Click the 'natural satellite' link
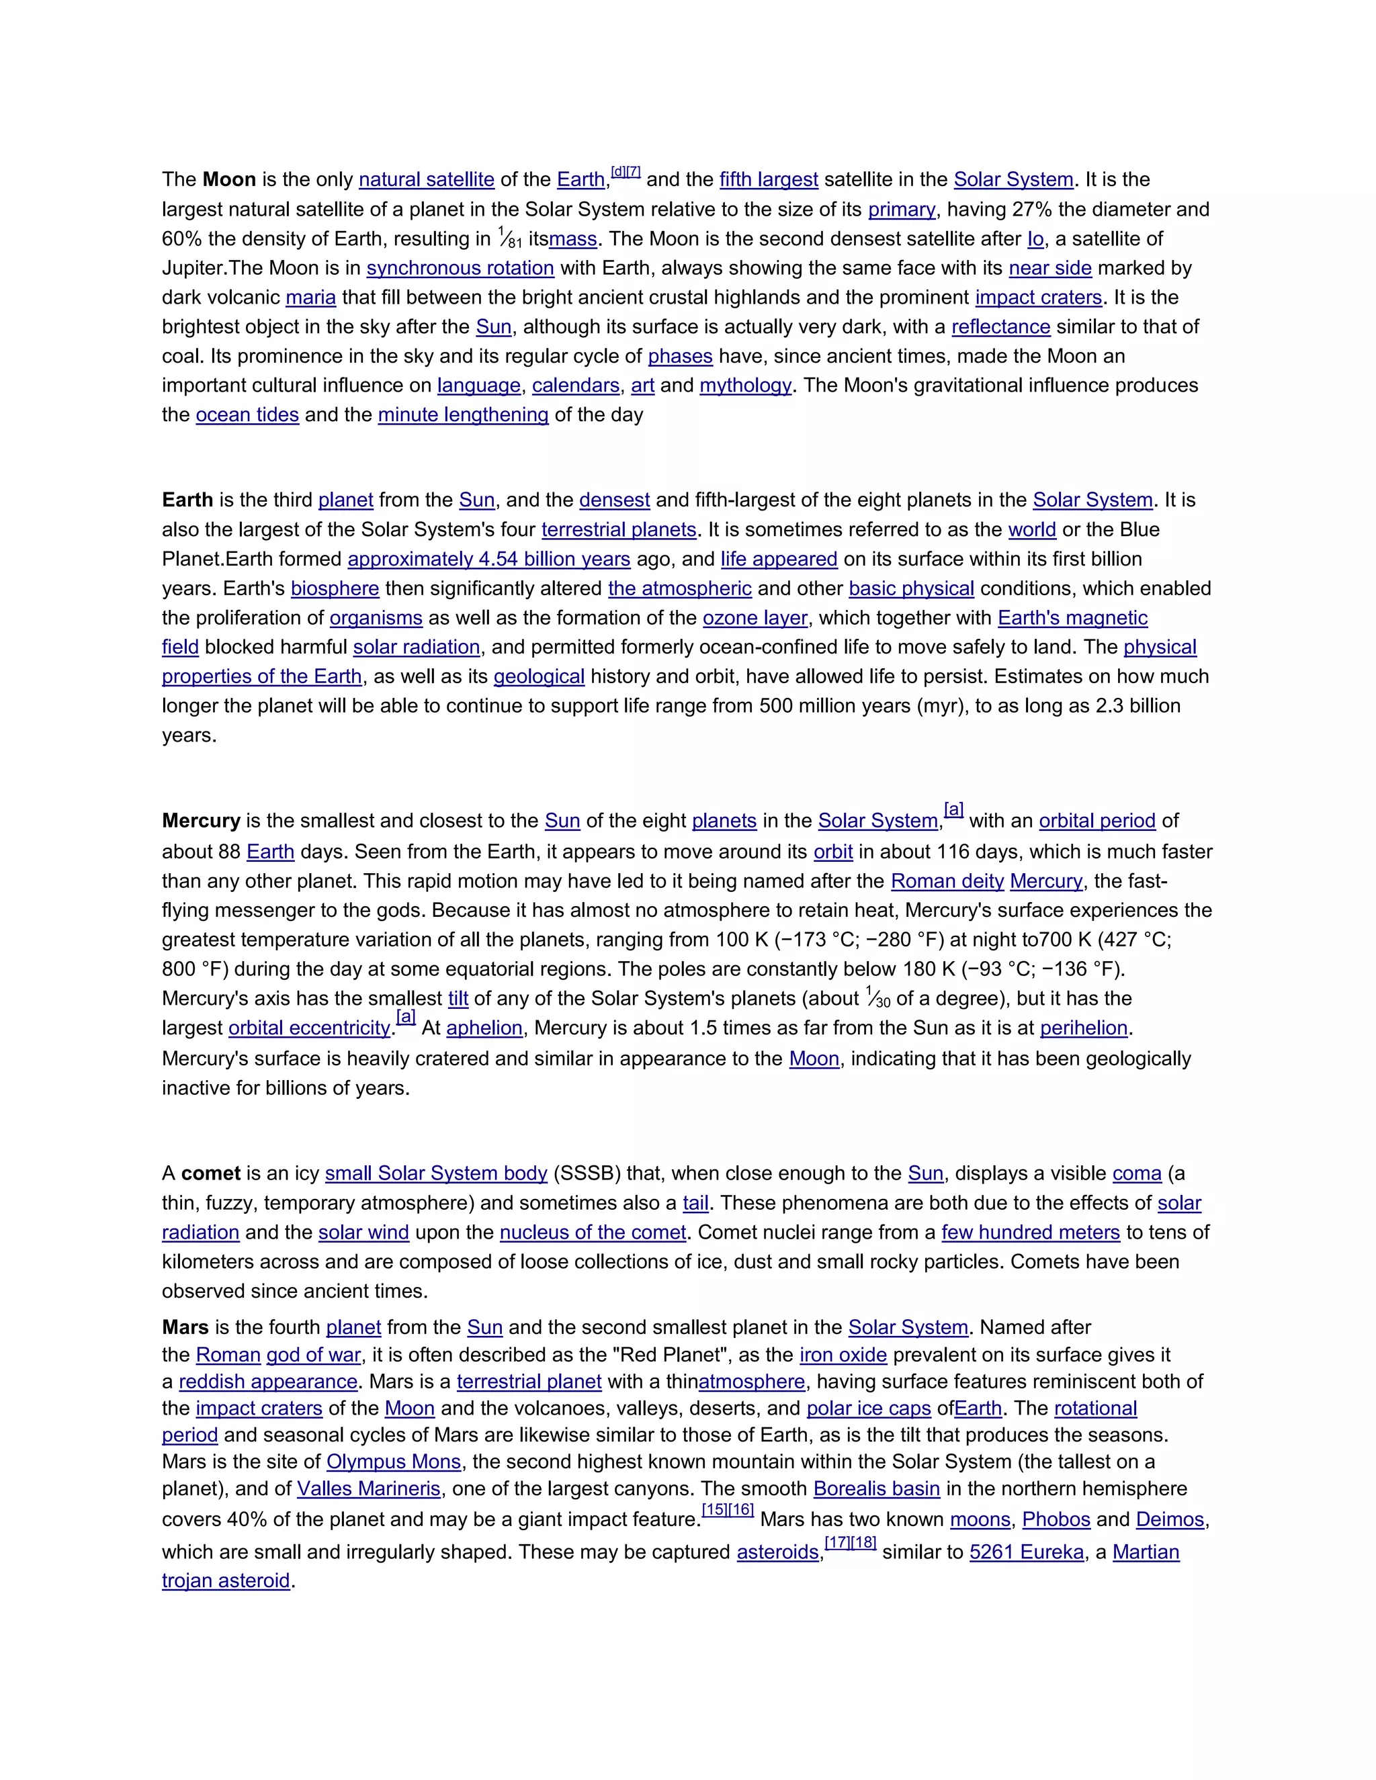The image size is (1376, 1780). [x=427, y=179]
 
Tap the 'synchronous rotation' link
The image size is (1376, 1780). [x=460, y=268]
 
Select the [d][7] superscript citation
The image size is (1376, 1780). [x=626, y=172]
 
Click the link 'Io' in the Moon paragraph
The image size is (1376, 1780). [x=1035, y=239]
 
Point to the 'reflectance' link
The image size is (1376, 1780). [x=1000, y=327]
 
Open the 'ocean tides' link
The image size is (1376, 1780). [x=247, y=415]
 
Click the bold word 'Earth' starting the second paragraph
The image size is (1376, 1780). [x=187, y=500]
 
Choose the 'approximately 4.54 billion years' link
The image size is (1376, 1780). [x=488, y=559]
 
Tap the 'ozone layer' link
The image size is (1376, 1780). [x=755, y=618]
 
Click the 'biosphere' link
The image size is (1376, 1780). [x=335, y=588]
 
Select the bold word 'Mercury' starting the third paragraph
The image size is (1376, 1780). [x=200, y=821]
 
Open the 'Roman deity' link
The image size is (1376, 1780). [x=947, y=881]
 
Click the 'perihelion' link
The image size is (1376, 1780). [x=1083, y=1028]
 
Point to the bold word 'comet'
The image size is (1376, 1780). [x=210, y=1173]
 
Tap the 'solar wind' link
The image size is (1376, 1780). [x=363, y=1233]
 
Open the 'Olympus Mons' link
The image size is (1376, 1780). [x=394, y=1462]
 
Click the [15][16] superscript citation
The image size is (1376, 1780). [x=727, y=1510]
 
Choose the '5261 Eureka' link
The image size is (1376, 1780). [x=1027, y=1552]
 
